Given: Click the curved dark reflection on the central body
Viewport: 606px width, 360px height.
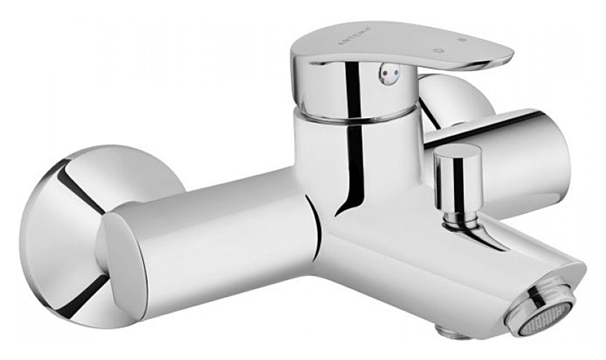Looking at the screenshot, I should tap(356, 180).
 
